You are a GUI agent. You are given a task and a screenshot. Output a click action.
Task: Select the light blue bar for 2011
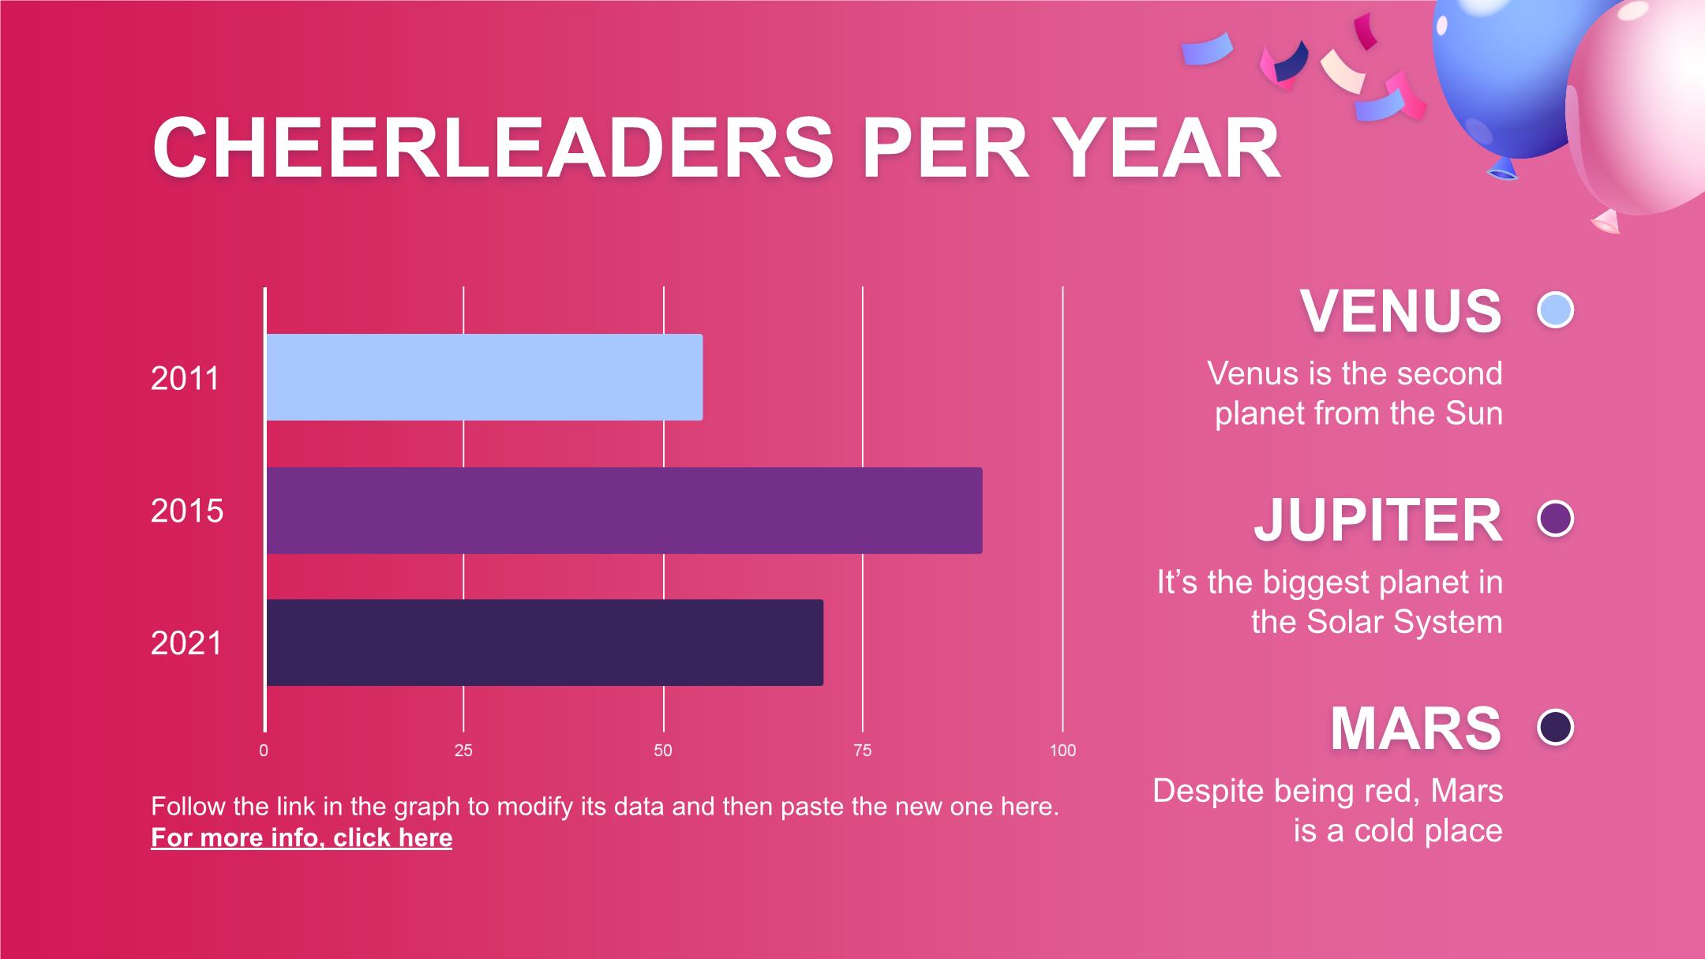coord(484,376)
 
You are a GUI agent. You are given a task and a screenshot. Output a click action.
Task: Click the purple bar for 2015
coord(624,510)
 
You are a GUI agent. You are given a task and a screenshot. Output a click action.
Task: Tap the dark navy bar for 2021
coord(545,642)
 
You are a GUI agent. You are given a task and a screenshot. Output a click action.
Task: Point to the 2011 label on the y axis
coord(185,379)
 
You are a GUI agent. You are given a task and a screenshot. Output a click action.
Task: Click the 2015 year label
coord(187,511)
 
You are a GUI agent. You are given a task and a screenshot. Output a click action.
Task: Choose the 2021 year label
coord(187,644)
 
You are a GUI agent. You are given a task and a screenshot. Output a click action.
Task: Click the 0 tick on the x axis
coord(264,751)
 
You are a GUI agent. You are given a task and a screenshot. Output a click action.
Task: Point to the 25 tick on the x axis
coord(463,751)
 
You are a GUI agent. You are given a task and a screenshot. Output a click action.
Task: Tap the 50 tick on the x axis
coord(663,751)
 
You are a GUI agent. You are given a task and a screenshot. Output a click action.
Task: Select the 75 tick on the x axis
coord(863,751)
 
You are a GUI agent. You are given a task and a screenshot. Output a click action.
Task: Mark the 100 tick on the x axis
coord(1062,751)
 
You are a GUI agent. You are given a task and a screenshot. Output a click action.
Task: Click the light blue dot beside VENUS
coord(1556,310)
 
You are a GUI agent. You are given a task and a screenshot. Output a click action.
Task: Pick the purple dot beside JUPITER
coord(1556,519)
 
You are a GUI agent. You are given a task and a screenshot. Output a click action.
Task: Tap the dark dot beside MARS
coord(1556,727)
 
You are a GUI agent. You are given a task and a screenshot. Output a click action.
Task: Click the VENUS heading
coord(1401,311)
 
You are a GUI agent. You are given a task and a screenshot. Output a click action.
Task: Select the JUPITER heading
coord(1378,520)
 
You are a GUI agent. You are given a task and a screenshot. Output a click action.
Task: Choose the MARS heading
coord(1416,729)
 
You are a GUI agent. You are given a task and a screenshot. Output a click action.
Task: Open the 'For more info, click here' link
coord(302,837)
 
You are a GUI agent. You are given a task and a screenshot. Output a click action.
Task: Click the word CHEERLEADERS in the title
coord(493,148)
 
